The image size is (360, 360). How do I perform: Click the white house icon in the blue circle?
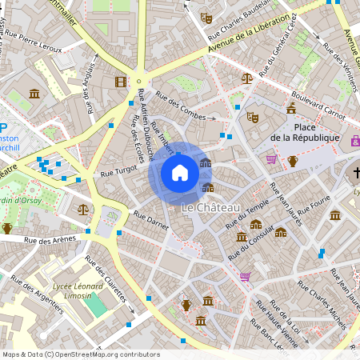pyautogui.click(x=180, y=173)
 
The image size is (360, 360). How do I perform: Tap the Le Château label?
pyautogui.click(x=210, y=208)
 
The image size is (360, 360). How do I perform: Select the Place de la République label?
pyautogui.click(x=304, y=133)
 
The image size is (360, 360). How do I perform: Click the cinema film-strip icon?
pyautogui.click(x=120, y=82)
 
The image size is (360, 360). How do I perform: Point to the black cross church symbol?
pyautogui.click(x=355, y=173)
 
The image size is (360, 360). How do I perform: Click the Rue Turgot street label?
pyautogui.click(x=120, y=173)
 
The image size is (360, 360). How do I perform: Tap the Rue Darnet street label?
pyautogui.click(x=151, y=222)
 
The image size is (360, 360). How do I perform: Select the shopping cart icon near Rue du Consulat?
pyautogui.click(x=245, y=277)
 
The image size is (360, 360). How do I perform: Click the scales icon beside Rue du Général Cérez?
pyautogui.click(x=246, y=78)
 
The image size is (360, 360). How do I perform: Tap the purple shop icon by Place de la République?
pyautogui.click(x=355, y=141)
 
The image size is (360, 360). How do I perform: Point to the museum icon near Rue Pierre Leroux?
pyautogui.click(x=34, y=94)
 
